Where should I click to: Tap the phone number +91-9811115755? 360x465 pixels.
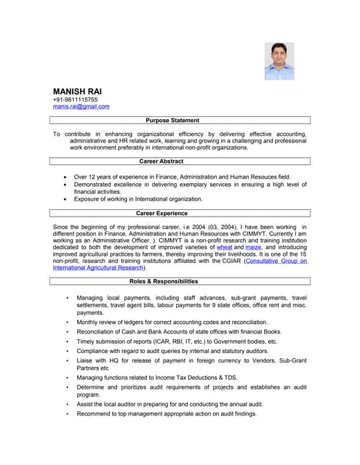pos(75,100)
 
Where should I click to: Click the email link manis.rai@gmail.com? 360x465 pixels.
pos(81,107)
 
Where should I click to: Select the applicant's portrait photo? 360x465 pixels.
pos(279,60)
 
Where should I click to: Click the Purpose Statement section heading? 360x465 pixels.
pos(172,120)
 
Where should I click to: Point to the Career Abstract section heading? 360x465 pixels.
pos(161,161)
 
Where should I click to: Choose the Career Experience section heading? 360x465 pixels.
pos(161,214)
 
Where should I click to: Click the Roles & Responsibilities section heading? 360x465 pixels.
pos(164,281)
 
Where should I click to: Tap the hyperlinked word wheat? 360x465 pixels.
pos(225,248)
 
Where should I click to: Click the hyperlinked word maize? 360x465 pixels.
pos(253,248)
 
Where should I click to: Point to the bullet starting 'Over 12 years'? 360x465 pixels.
pos(182,177)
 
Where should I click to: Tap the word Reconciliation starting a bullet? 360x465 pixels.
pos(99,331)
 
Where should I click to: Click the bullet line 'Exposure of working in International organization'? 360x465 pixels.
pos(138,199)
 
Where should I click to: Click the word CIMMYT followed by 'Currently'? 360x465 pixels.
pos(226,234)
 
